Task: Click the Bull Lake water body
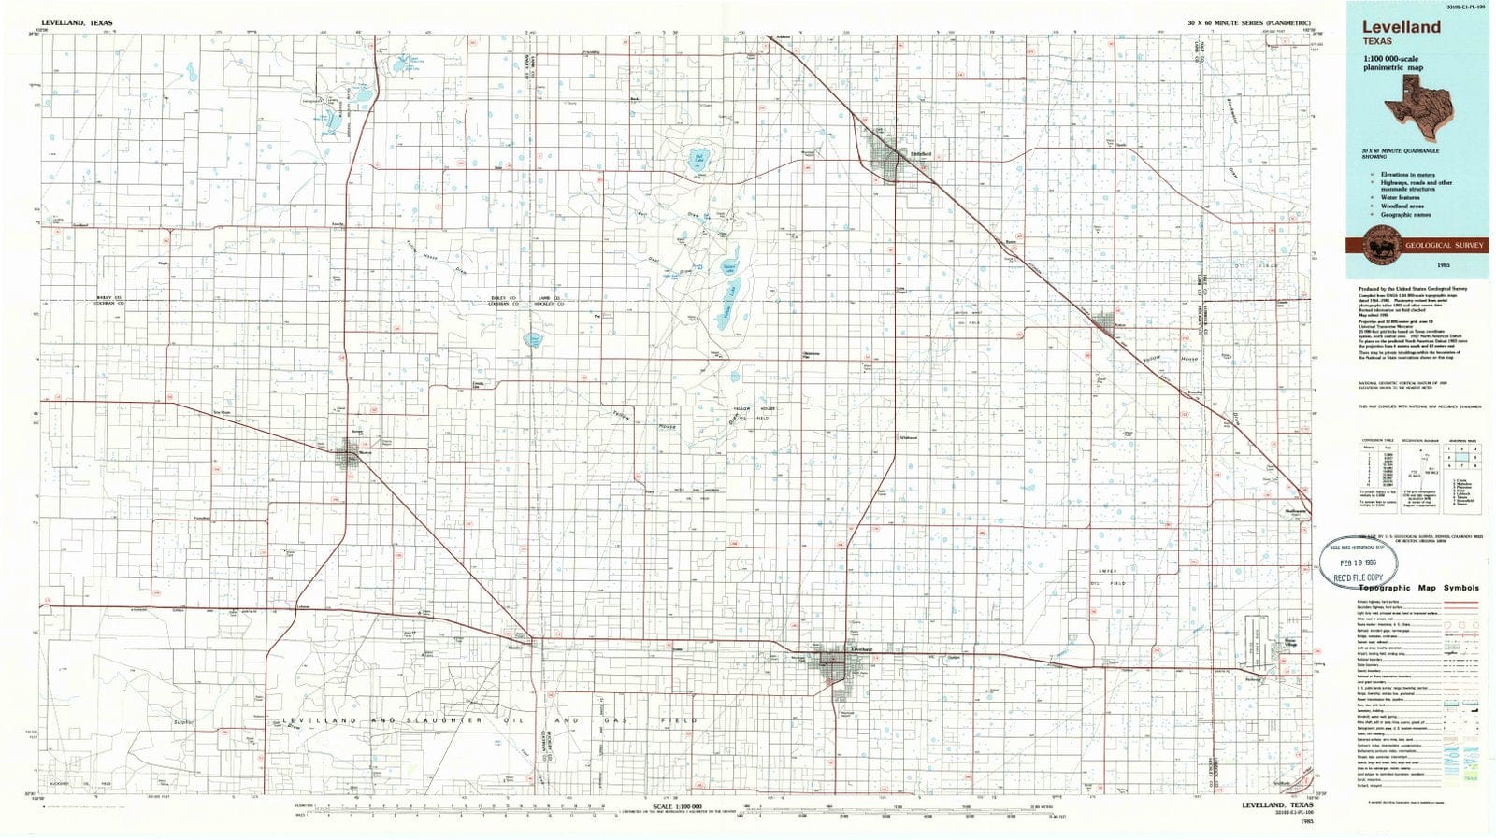(x=697, y=158)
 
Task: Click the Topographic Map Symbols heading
(x=1418, y=588)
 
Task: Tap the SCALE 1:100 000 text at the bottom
(x=676, y=805)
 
